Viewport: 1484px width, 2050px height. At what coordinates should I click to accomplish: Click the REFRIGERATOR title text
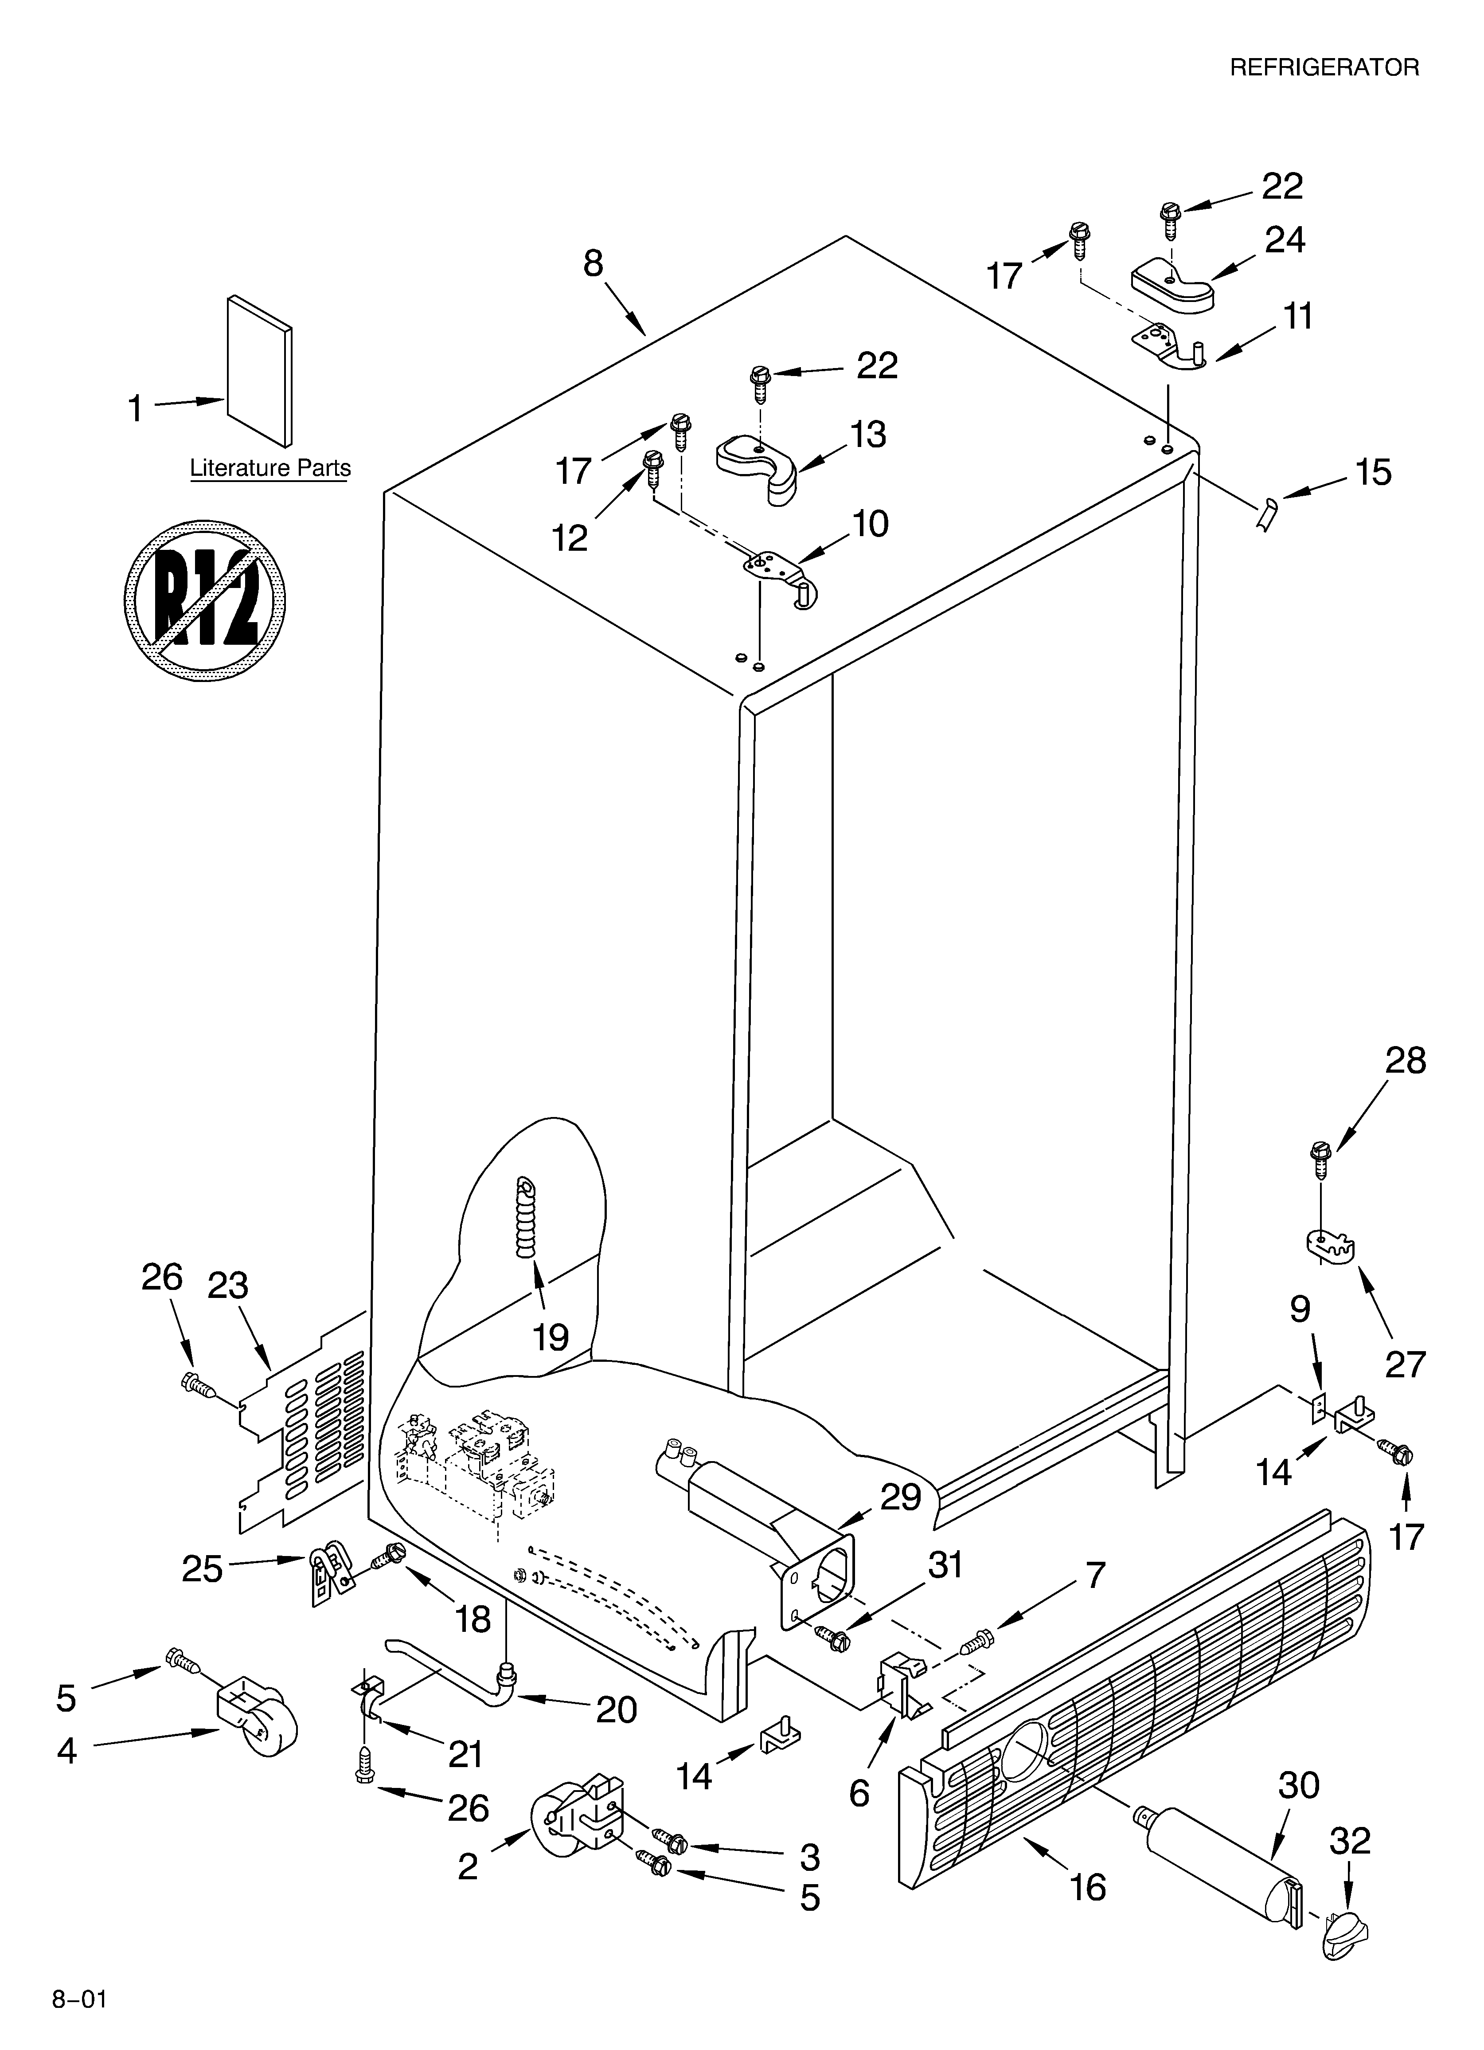click(x=1324, y=68)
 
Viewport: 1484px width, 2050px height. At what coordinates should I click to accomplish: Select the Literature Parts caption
click(x=270, y=468)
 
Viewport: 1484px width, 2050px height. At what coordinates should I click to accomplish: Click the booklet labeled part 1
click(x=259, y=371)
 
